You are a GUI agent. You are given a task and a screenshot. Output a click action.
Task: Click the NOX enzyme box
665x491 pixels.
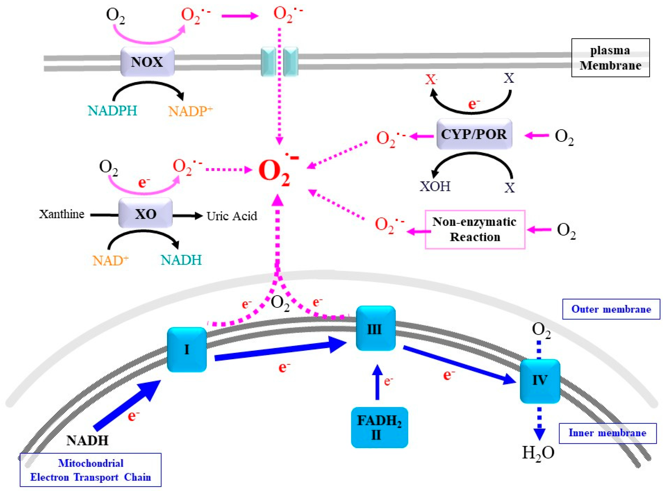pos(147,62)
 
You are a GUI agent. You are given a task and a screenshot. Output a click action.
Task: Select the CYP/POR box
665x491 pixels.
pos(474,134)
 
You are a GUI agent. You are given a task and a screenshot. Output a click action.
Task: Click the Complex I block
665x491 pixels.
pos(187,350)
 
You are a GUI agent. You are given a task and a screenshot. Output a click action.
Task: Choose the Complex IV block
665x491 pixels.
pos(540,381)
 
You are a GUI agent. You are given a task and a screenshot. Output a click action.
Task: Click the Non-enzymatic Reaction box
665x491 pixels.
pos(475,229)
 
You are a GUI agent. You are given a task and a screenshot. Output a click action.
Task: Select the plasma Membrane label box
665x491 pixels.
pos(610,58)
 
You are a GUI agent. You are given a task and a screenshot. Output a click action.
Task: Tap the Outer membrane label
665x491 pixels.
pos(611,309)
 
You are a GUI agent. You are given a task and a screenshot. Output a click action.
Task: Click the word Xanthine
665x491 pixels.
pos(61,214)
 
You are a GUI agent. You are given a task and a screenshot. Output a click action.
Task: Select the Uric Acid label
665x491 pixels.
pos(232,216)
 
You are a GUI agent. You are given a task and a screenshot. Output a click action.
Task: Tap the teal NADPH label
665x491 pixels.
pos(112,111)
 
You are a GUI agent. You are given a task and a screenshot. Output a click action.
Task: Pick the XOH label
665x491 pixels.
pos(435,186)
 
